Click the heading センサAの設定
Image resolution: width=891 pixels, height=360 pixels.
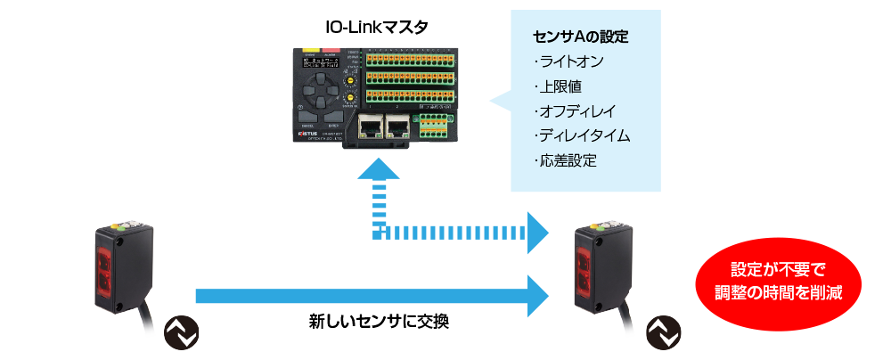pos(580,37)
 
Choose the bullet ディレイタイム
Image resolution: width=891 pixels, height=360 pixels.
pos(582,136)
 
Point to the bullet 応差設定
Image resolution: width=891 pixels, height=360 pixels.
pos(565,161)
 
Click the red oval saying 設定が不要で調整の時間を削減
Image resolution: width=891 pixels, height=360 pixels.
pos(778,280)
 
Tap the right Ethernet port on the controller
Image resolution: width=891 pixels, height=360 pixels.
pos(397,127)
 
